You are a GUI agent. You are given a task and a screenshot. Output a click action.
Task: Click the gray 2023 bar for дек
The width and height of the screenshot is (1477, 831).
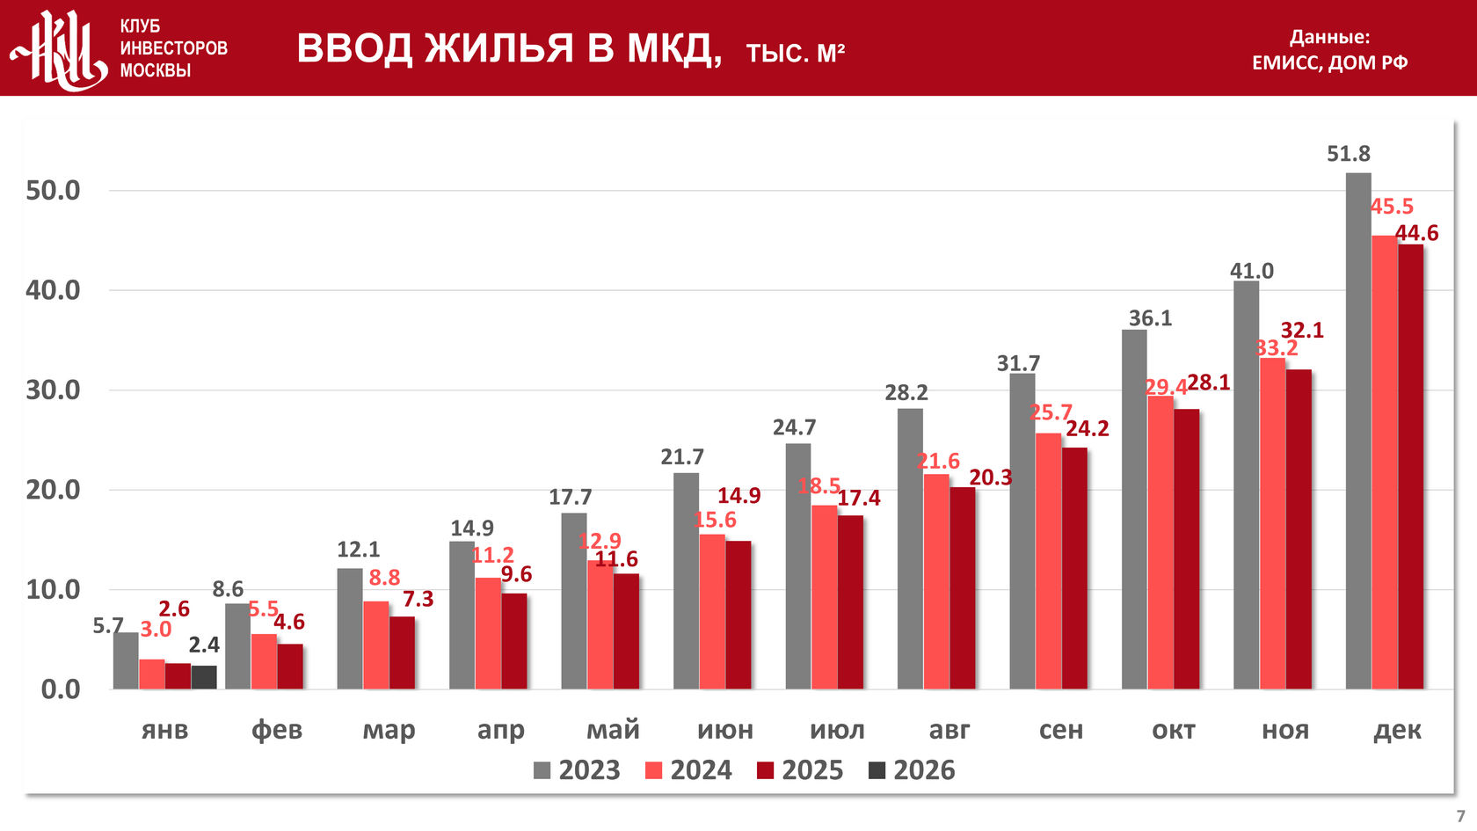tap(1357, 431)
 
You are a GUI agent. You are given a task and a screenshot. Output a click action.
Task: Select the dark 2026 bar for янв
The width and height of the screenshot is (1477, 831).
tap(204, 677)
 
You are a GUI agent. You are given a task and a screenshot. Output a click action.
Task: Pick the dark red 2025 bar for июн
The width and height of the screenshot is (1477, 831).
tap(738, 615)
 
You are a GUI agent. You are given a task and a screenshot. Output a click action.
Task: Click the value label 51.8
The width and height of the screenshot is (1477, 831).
tap(1348, 154)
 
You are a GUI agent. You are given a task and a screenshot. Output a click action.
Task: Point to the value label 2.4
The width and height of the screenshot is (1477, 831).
tap(204, 645)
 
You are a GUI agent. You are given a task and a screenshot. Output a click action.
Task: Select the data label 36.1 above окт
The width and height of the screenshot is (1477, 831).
tap(1150, 318)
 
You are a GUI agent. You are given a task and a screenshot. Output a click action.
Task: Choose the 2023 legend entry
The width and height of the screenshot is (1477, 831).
tap(577, 770)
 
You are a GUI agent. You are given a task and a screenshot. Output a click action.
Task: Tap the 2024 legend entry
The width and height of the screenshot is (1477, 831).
tap(688, 770)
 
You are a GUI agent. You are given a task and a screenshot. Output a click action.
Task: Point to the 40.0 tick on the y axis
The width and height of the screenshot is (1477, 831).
tap(53, 290)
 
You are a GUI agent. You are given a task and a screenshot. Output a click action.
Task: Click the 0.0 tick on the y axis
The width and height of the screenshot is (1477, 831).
tap(61, 689)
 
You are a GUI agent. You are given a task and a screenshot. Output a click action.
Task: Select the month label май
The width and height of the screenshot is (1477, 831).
tap(613, 730)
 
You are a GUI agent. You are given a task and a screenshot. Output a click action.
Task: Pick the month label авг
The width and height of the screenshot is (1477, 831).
tap(949, 730)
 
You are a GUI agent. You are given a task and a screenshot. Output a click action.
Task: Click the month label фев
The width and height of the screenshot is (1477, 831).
tap(277, 730)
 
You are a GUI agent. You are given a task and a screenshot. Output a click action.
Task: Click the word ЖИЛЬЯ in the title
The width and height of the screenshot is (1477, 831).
tap(499, 48)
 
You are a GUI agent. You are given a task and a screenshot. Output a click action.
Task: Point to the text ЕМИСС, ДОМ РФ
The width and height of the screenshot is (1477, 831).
tap(1329, 62)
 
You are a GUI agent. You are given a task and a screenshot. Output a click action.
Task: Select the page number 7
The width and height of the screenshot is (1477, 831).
tap(1460, 816)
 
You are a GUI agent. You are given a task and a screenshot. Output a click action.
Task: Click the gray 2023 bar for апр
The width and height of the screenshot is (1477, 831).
tap(462, 615)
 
